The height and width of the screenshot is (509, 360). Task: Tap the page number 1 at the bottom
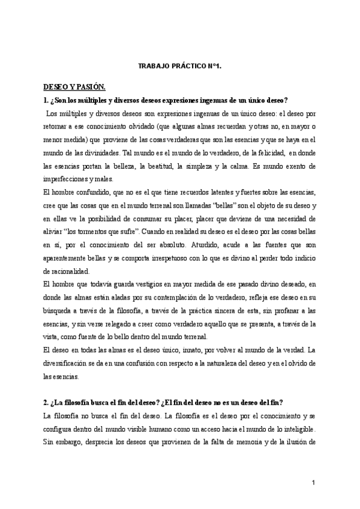pos(314,483)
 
